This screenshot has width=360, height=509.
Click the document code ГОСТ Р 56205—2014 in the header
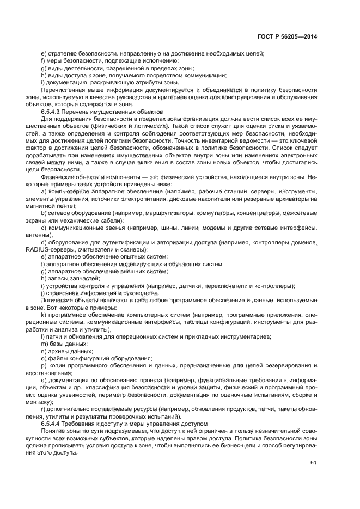point(286,36)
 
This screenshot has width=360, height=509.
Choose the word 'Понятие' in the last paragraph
point(54,431)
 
